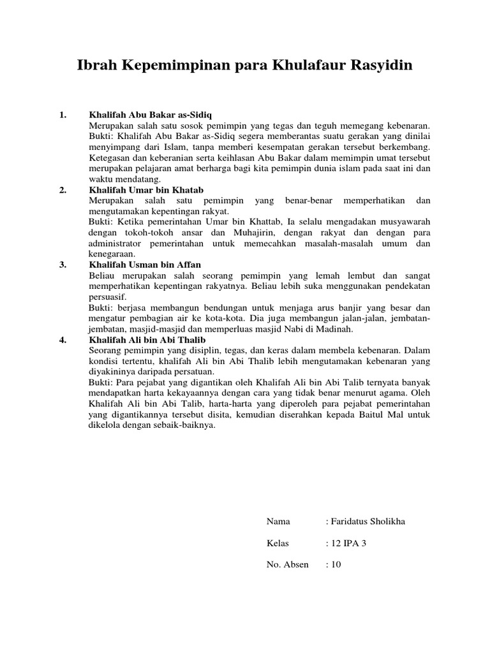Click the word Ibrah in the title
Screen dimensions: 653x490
point(97,66)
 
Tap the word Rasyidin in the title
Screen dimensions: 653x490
point(377,66)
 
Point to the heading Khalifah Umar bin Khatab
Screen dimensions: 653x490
point(146,190)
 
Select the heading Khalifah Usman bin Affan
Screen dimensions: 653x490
point(146,265)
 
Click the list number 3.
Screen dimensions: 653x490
point(63,265)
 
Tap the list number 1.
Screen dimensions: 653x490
point(63,115)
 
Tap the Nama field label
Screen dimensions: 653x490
point(278,522)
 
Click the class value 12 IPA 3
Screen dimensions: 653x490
point(349,543)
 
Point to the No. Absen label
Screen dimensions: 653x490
point(287,564)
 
